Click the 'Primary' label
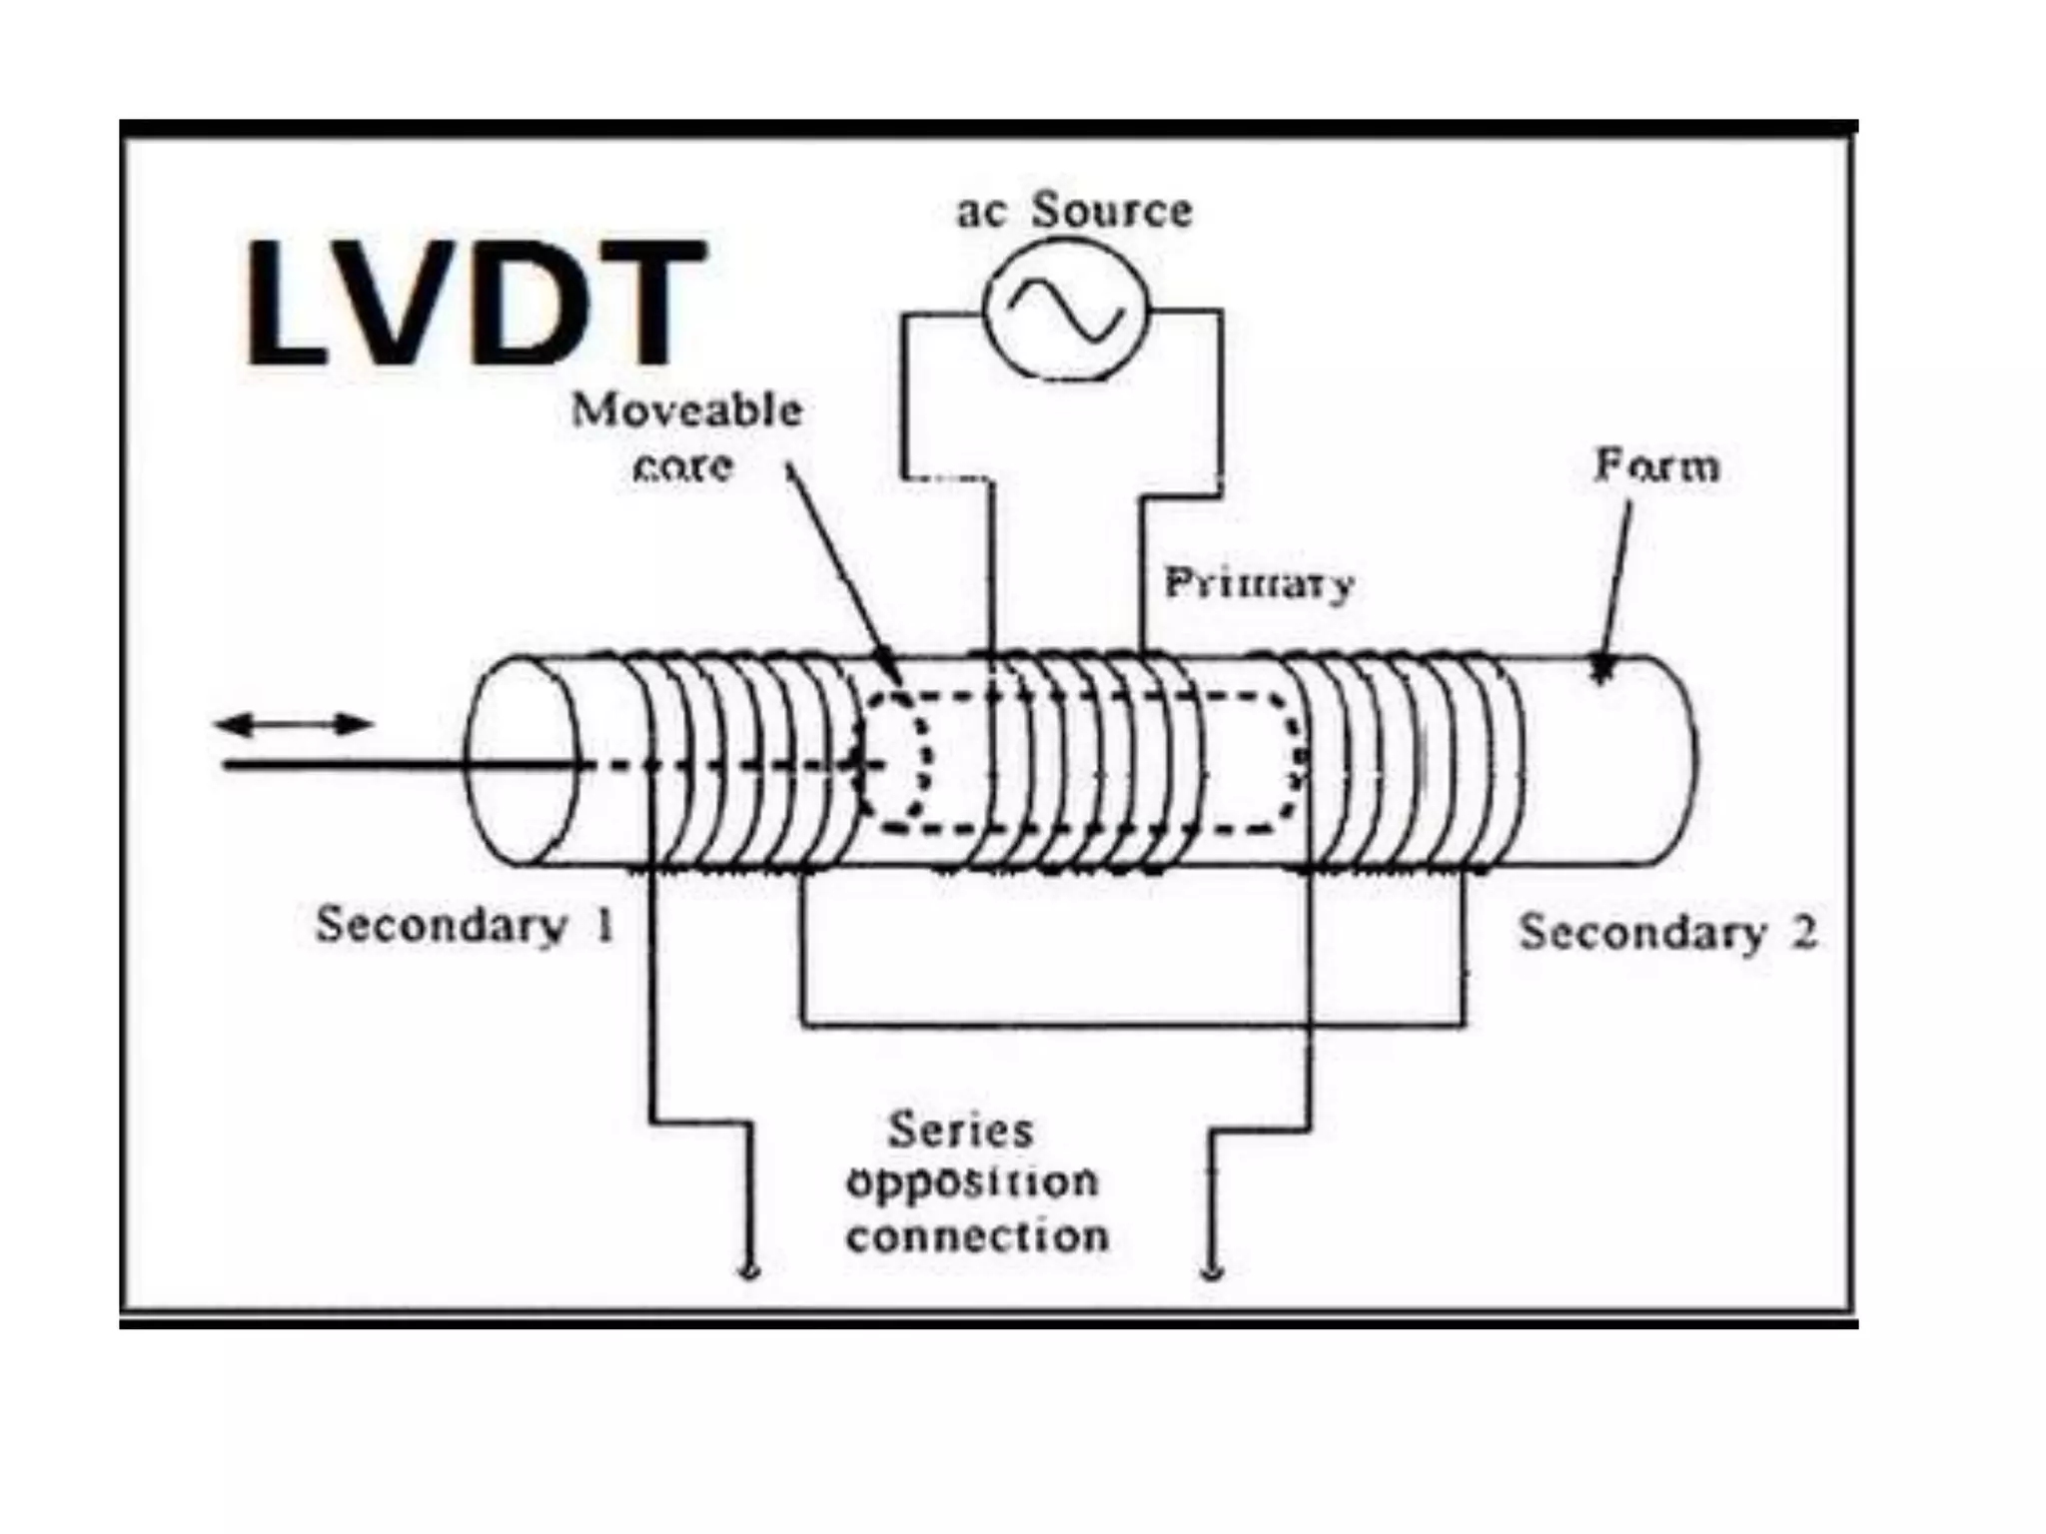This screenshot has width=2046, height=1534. coord(1259,582)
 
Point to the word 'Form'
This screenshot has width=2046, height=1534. coord(1657,466)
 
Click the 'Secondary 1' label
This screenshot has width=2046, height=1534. coord(465,925)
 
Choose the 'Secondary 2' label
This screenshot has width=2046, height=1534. coord(1666,933)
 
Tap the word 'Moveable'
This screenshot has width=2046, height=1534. coord(687,410)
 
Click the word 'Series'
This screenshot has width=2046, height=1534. coord(960,1131)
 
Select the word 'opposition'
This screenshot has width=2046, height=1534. coord(972,1183)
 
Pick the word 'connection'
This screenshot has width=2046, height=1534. coord(977,1237)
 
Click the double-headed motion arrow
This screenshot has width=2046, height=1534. coord(295,724)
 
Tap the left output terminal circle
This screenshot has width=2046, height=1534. coord(750,1271)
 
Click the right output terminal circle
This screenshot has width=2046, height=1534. coord(1212,1271)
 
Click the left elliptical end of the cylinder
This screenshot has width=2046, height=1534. coord(522,761)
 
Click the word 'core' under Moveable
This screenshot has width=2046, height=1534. coord(683,466)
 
